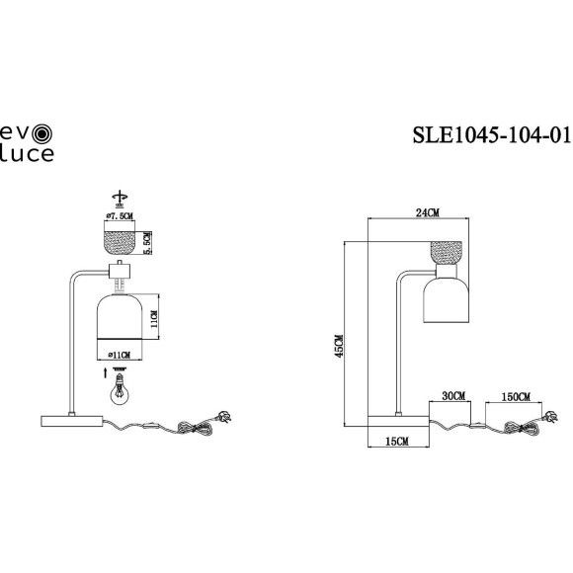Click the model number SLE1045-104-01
(x=492, y=135)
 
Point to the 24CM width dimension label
(x=428, y=212)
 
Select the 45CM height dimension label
(x=339, y=345)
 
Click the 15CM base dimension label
(x=396, y=443)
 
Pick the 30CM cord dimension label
(x=452, y=395)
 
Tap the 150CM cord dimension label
(x=515, y=395)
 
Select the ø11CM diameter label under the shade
(x=123, y=352)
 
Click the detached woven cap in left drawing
(x=122, y=239)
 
